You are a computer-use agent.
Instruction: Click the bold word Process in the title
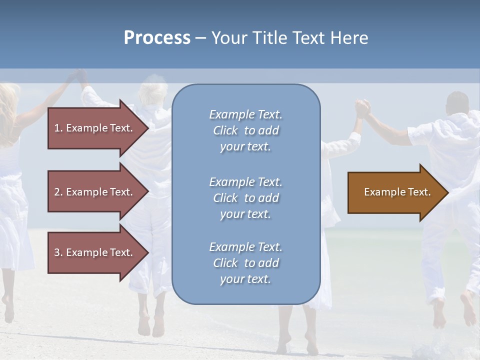[157, 38]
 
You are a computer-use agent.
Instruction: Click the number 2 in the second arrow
[57, 192]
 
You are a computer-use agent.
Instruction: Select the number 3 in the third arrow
[57, 252]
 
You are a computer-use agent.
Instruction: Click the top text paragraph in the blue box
[245, 130]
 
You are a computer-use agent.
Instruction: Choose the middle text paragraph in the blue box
[245, 198]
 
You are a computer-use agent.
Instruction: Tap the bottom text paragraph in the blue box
[245, 263]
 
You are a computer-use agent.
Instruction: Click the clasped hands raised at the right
[362, 107]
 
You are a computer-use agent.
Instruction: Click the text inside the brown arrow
[397, 192]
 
